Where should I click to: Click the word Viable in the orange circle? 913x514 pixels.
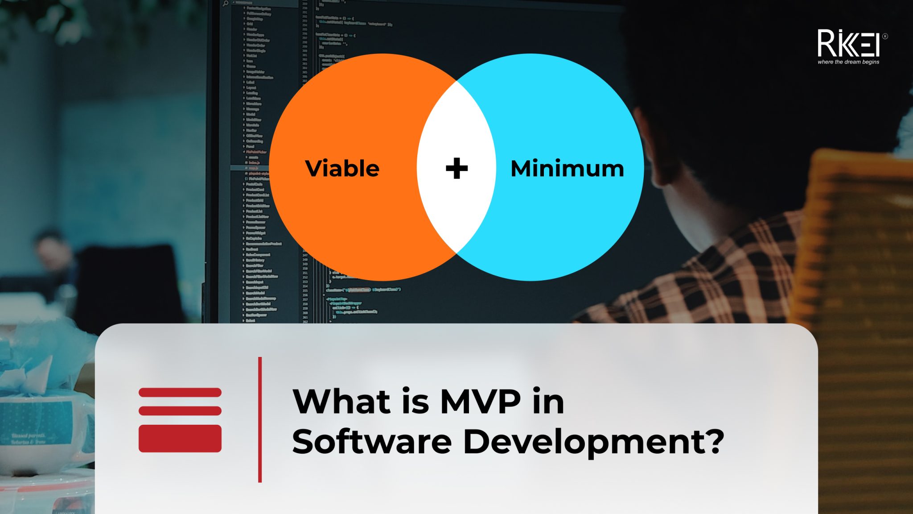[x=342, y=169]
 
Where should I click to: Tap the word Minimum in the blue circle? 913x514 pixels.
[x=567, y=169]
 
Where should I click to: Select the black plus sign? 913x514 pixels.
[x=456, y=169]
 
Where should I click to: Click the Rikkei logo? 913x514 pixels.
[x=847, y=43]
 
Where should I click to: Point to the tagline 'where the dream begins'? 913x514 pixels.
[x=848, y=62]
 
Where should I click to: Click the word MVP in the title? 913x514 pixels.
[x=480, y=402]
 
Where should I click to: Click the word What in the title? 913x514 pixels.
[x=341, y=402]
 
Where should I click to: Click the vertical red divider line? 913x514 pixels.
[x=260, y=419]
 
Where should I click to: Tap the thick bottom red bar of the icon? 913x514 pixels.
[x=180, y=439]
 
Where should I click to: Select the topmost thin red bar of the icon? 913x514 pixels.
[x=180, y=392]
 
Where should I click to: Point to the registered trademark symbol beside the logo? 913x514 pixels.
[x=884, y=37]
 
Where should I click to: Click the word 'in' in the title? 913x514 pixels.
[x=548, y=402]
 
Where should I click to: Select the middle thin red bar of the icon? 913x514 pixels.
[x=180, y=410]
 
